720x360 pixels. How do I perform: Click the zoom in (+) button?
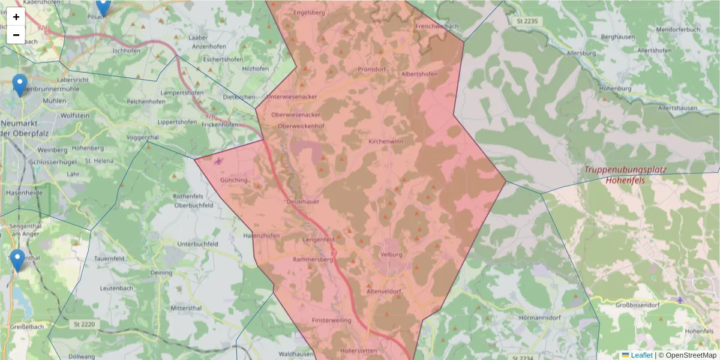pos(16,17)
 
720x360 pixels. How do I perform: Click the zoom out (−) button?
pos(16,35)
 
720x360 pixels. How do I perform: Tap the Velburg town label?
pos(391,253)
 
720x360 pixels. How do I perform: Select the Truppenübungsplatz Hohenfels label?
pos(625,175)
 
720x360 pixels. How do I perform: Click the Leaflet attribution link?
pos(641,355)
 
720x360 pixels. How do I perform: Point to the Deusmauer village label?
pos(301,202)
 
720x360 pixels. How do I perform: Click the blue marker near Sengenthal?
pos(18,260)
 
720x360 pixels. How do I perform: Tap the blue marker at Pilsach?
pos(103,6)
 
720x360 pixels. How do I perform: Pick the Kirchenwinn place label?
pos(385,141)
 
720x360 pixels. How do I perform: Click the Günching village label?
pos(233,180)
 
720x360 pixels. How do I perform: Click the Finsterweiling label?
pos(331,321)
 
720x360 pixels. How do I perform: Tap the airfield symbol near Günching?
pos(217,161)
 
